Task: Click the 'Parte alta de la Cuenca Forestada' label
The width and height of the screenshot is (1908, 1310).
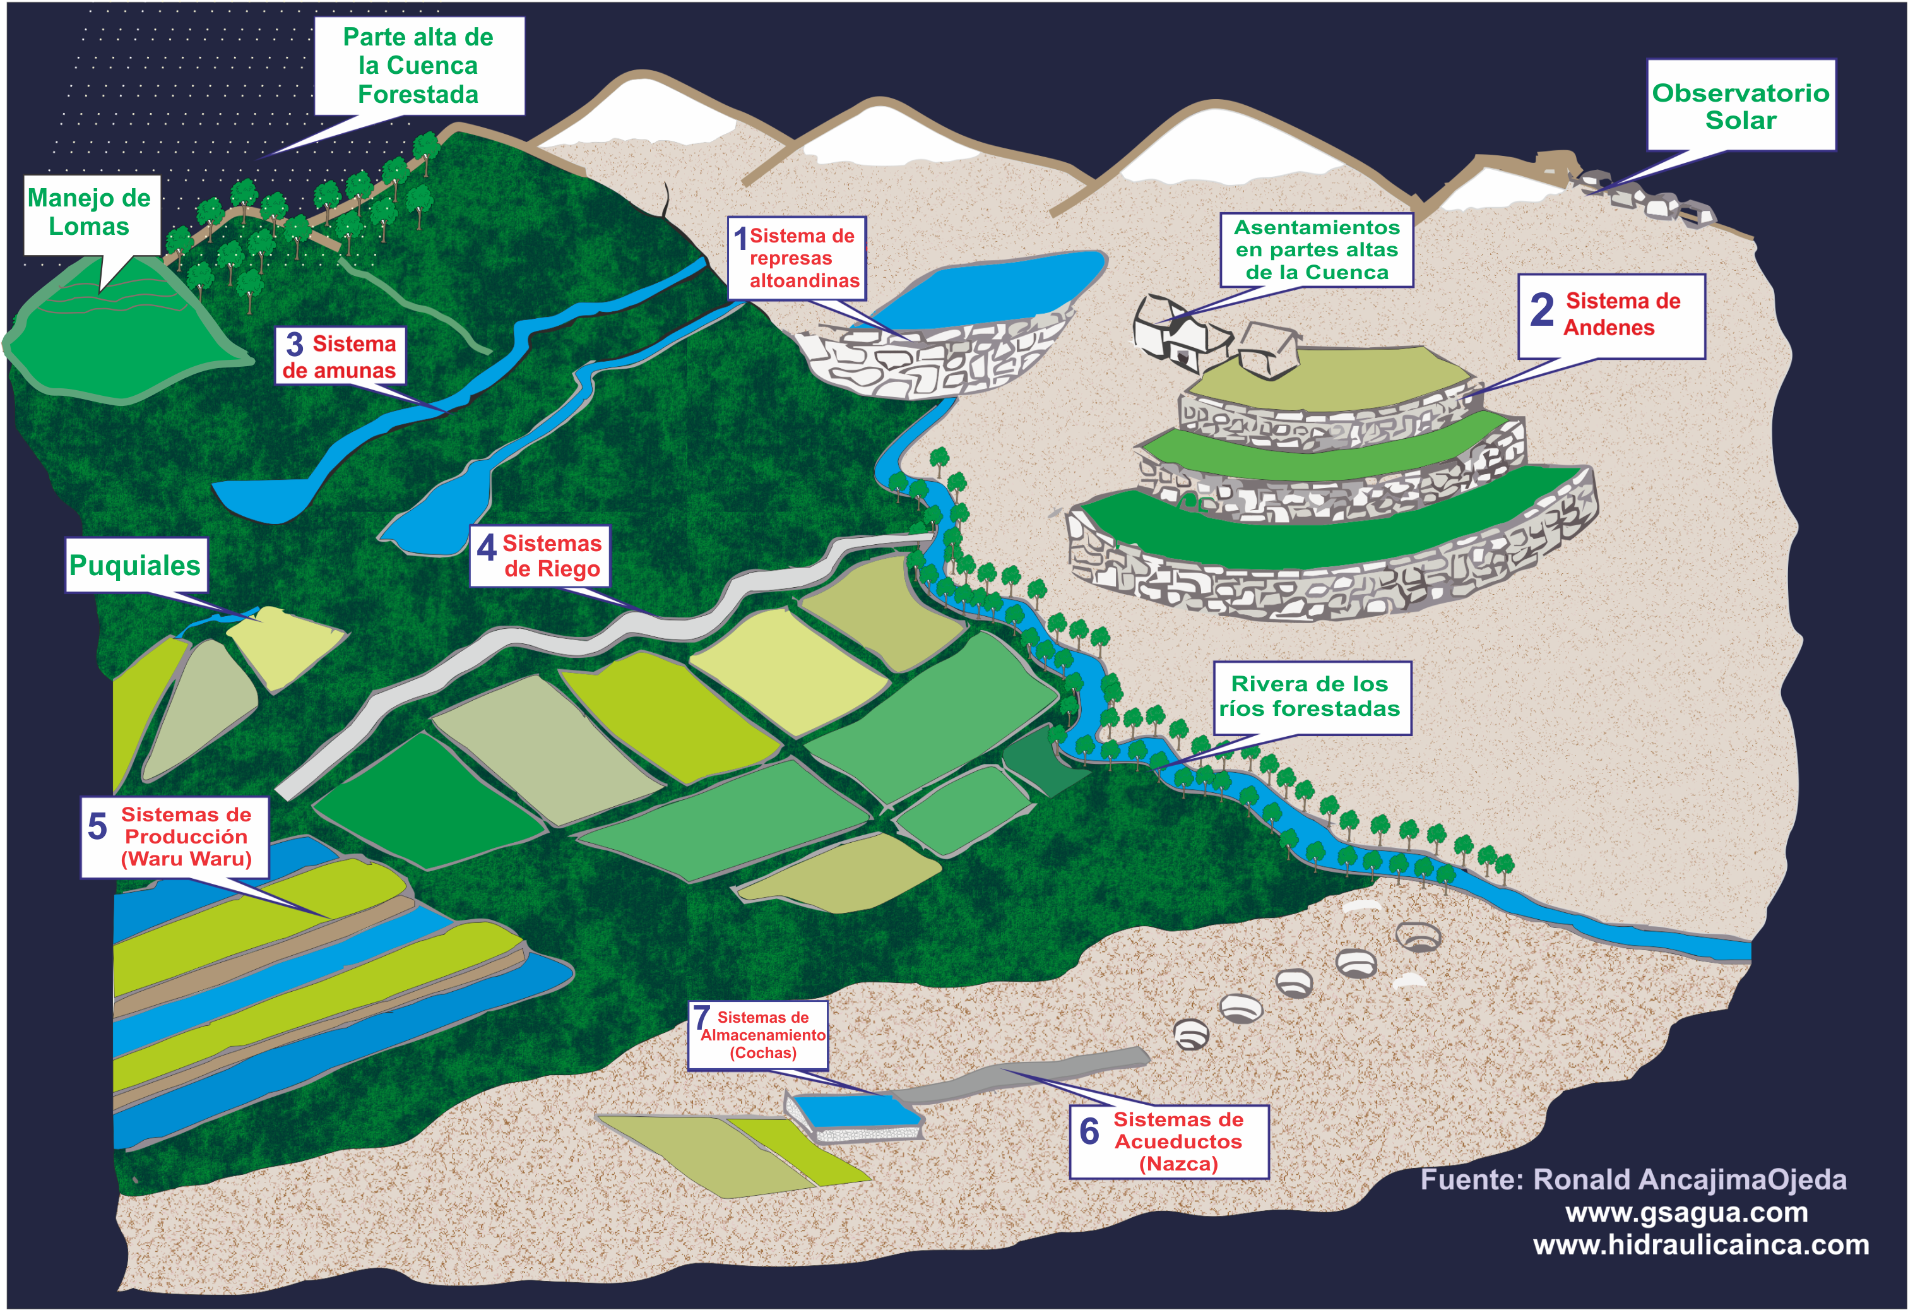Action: coord(418,66)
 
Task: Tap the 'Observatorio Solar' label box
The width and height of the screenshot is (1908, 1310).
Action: coord(1741,106)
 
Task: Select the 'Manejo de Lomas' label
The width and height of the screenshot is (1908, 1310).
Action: coord(90,212)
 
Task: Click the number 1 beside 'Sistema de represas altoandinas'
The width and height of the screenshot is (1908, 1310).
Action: coord(740,239)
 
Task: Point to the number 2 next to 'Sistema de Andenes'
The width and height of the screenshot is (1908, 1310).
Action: coord(1541,311)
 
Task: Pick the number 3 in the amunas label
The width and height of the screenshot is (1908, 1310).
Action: coord(294,345)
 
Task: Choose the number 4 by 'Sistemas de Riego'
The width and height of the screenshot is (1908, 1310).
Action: coord(486,548)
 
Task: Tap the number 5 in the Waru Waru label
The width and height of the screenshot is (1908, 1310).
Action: coord(97,826)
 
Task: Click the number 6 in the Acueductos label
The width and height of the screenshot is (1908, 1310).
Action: coord(1089,1132)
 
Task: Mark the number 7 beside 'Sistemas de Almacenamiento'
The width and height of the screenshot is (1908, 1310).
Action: coord(701,1018)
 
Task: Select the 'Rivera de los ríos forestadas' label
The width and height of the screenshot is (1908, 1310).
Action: coord(1310,696)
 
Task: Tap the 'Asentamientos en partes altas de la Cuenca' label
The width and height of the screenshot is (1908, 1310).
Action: coord(1316,249)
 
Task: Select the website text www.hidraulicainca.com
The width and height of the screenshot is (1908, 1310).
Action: coord(1700,1244)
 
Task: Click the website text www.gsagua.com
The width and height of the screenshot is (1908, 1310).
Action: coord(1686,1212)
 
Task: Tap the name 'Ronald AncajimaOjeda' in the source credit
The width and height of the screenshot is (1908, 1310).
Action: coord(1690,1179)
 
